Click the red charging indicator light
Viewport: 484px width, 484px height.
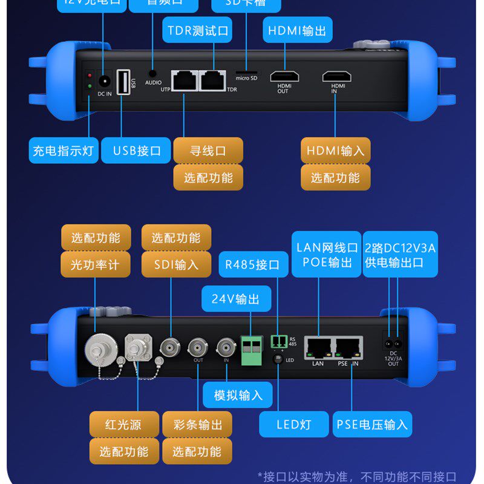click(x=90, y=76)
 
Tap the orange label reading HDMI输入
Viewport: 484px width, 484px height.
click(x=336, y=151)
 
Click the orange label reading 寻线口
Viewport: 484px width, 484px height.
click(x=208, y=151)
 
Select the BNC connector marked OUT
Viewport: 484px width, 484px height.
click(x=198, y=347)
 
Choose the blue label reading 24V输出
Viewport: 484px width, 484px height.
click(x=236, y=299)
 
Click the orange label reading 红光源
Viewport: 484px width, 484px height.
click(x=123, y=425)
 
